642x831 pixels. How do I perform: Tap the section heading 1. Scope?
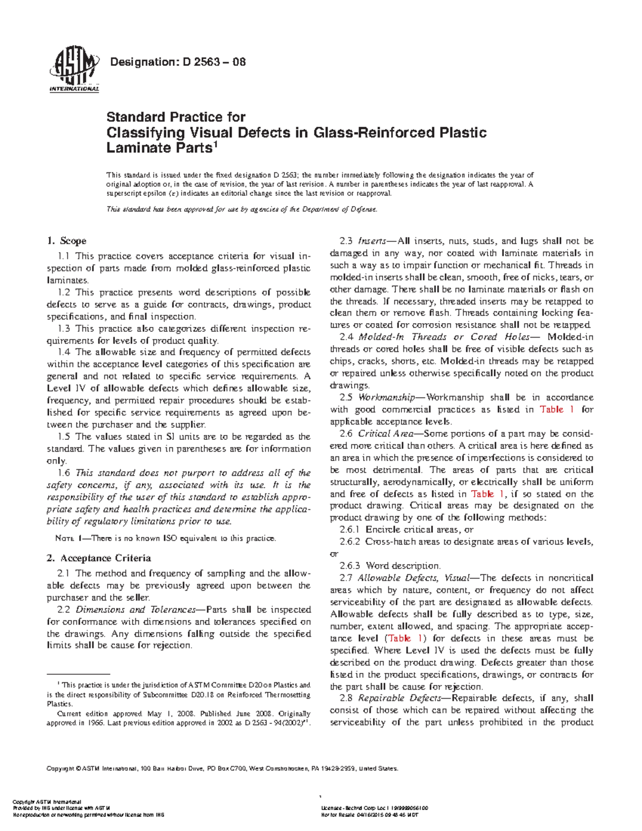point(67,241)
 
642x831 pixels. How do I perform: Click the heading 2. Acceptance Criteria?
point(99,558)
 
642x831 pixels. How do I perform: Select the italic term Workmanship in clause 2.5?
point(384,398)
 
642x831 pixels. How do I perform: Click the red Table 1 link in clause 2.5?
point(557,409)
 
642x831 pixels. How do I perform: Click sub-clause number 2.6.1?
point(350,530)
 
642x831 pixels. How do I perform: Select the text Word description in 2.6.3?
point(403,566)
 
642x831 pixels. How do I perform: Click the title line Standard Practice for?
point(176,117)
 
